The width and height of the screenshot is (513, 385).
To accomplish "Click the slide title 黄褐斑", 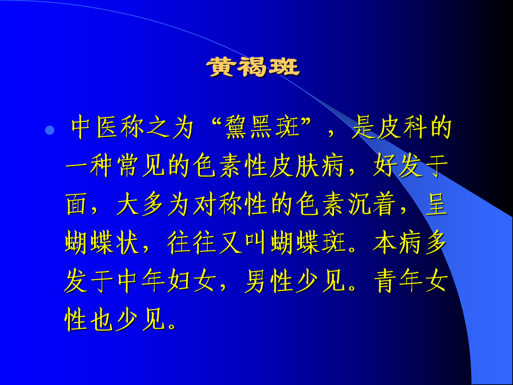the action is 253,67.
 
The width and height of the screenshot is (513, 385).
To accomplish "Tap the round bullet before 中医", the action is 50,130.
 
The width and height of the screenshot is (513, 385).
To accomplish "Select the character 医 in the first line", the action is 107,127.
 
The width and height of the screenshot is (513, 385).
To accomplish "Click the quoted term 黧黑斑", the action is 262,127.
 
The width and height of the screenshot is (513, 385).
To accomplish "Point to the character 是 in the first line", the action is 362,127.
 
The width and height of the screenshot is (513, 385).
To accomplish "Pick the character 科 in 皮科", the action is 415,127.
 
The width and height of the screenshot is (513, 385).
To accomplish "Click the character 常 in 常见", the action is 128,166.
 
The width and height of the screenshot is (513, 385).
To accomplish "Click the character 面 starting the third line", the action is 76,204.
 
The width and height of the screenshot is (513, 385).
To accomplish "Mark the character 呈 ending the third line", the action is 437,204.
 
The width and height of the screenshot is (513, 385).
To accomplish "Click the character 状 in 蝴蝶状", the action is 128,243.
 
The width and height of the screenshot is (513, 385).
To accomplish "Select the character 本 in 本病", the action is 385,243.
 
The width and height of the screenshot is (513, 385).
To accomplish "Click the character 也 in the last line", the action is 102,320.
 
